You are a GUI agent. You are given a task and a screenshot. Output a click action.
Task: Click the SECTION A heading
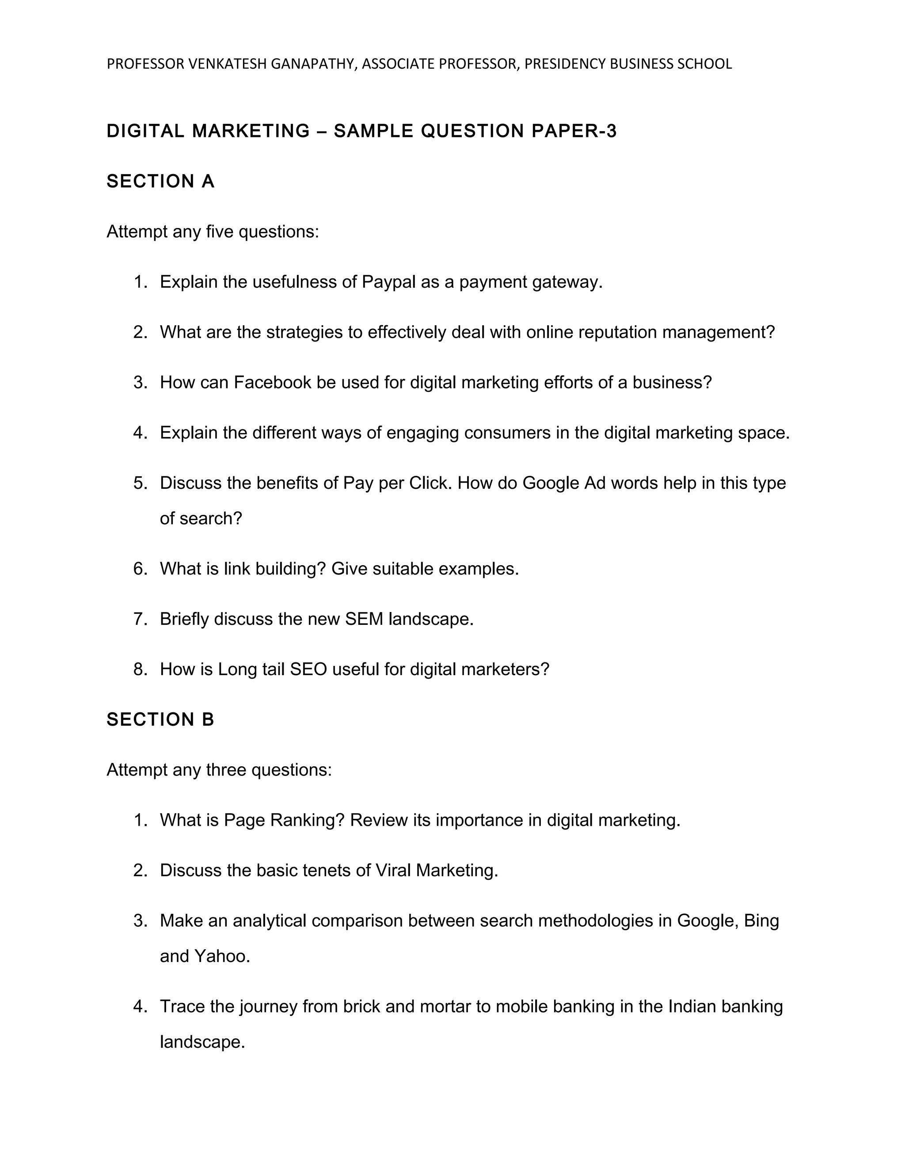tap(160, 182)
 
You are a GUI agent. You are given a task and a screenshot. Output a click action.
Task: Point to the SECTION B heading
tap(160, 719)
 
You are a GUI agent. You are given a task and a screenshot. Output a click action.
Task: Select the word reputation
tap(616, 332)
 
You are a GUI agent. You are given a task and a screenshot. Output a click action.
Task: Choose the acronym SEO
tap(308, 669)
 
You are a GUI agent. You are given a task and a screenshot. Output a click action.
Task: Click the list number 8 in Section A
tap(140, 669)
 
